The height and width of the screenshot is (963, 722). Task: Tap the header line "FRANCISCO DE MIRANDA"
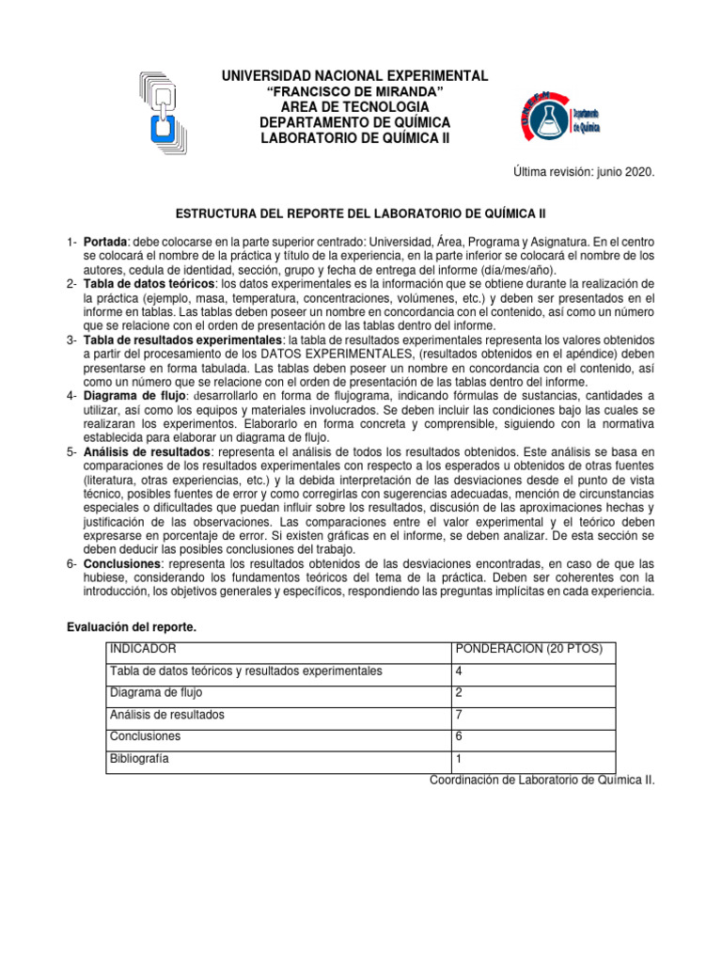pos(355,91)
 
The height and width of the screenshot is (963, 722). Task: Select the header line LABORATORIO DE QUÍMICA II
pos(355,139)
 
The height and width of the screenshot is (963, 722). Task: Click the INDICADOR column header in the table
pos(142,650)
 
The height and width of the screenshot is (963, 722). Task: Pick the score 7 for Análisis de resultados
pos(459,715)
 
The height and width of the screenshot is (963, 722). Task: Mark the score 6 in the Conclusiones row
pos(459,736)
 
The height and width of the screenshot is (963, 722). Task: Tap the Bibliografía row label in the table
pos(139,758)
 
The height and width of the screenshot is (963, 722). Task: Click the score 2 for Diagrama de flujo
pos(459,693)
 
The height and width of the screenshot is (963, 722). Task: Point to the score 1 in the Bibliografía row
pos(459,758)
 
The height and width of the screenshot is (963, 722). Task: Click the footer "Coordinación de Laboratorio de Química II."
pos(541,780)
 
